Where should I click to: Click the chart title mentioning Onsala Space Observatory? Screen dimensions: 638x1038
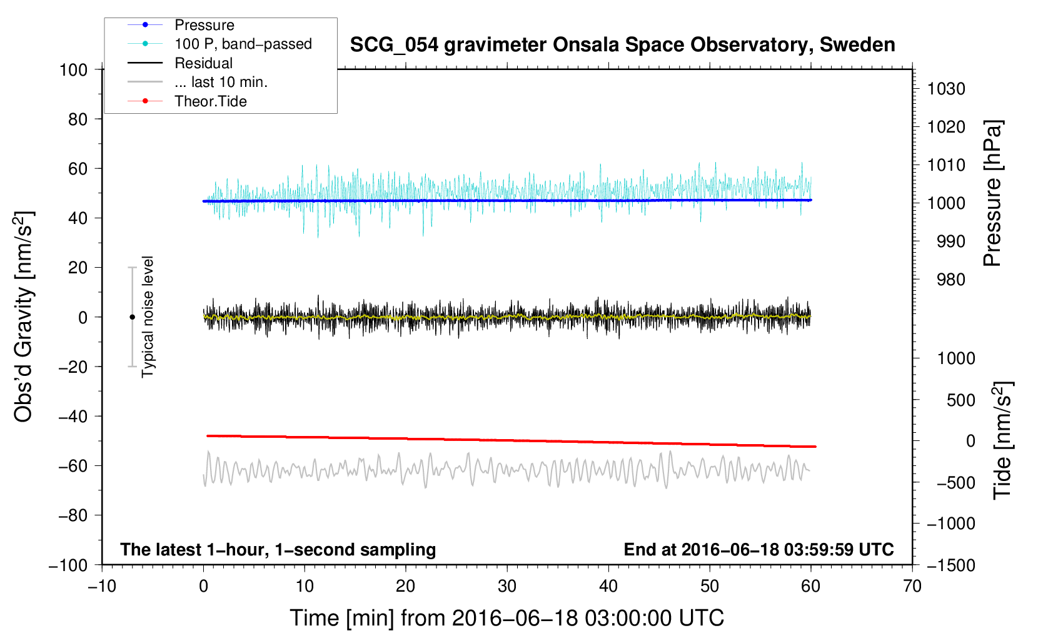point(622,45)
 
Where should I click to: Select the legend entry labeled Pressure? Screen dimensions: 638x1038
point(204,25)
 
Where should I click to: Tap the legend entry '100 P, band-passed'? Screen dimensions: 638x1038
point(243,44)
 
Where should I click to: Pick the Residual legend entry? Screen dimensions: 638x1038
point(203,63)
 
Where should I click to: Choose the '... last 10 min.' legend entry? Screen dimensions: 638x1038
point(221,82)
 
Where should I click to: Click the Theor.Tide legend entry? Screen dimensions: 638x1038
point(210,101)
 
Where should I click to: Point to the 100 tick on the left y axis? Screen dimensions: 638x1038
point(73,69)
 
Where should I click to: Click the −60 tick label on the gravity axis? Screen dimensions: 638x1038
point(73,466)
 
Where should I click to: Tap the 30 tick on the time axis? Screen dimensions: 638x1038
point(507,587)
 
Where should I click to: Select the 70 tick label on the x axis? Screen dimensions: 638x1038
point(912,587)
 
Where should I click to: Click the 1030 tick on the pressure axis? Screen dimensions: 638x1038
point(946,89)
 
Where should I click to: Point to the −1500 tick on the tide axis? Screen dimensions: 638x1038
point(951,565)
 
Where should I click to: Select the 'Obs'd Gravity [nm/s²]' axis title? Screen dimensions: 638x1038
point(24,316)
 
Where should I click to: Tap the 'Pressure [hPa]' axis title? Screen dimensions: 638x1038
point(992,193)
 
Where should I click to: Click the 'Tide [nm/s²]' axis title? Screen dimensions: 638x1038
point(1002,440)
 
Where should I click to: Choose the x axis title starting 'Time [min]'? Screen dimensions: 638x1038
point(506,618)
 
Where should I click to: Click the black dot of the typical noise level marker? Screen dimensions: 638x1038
point(132,317)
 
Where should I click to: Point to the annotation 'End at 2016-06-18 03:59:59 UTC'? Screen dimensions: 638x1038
point(758,549)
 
